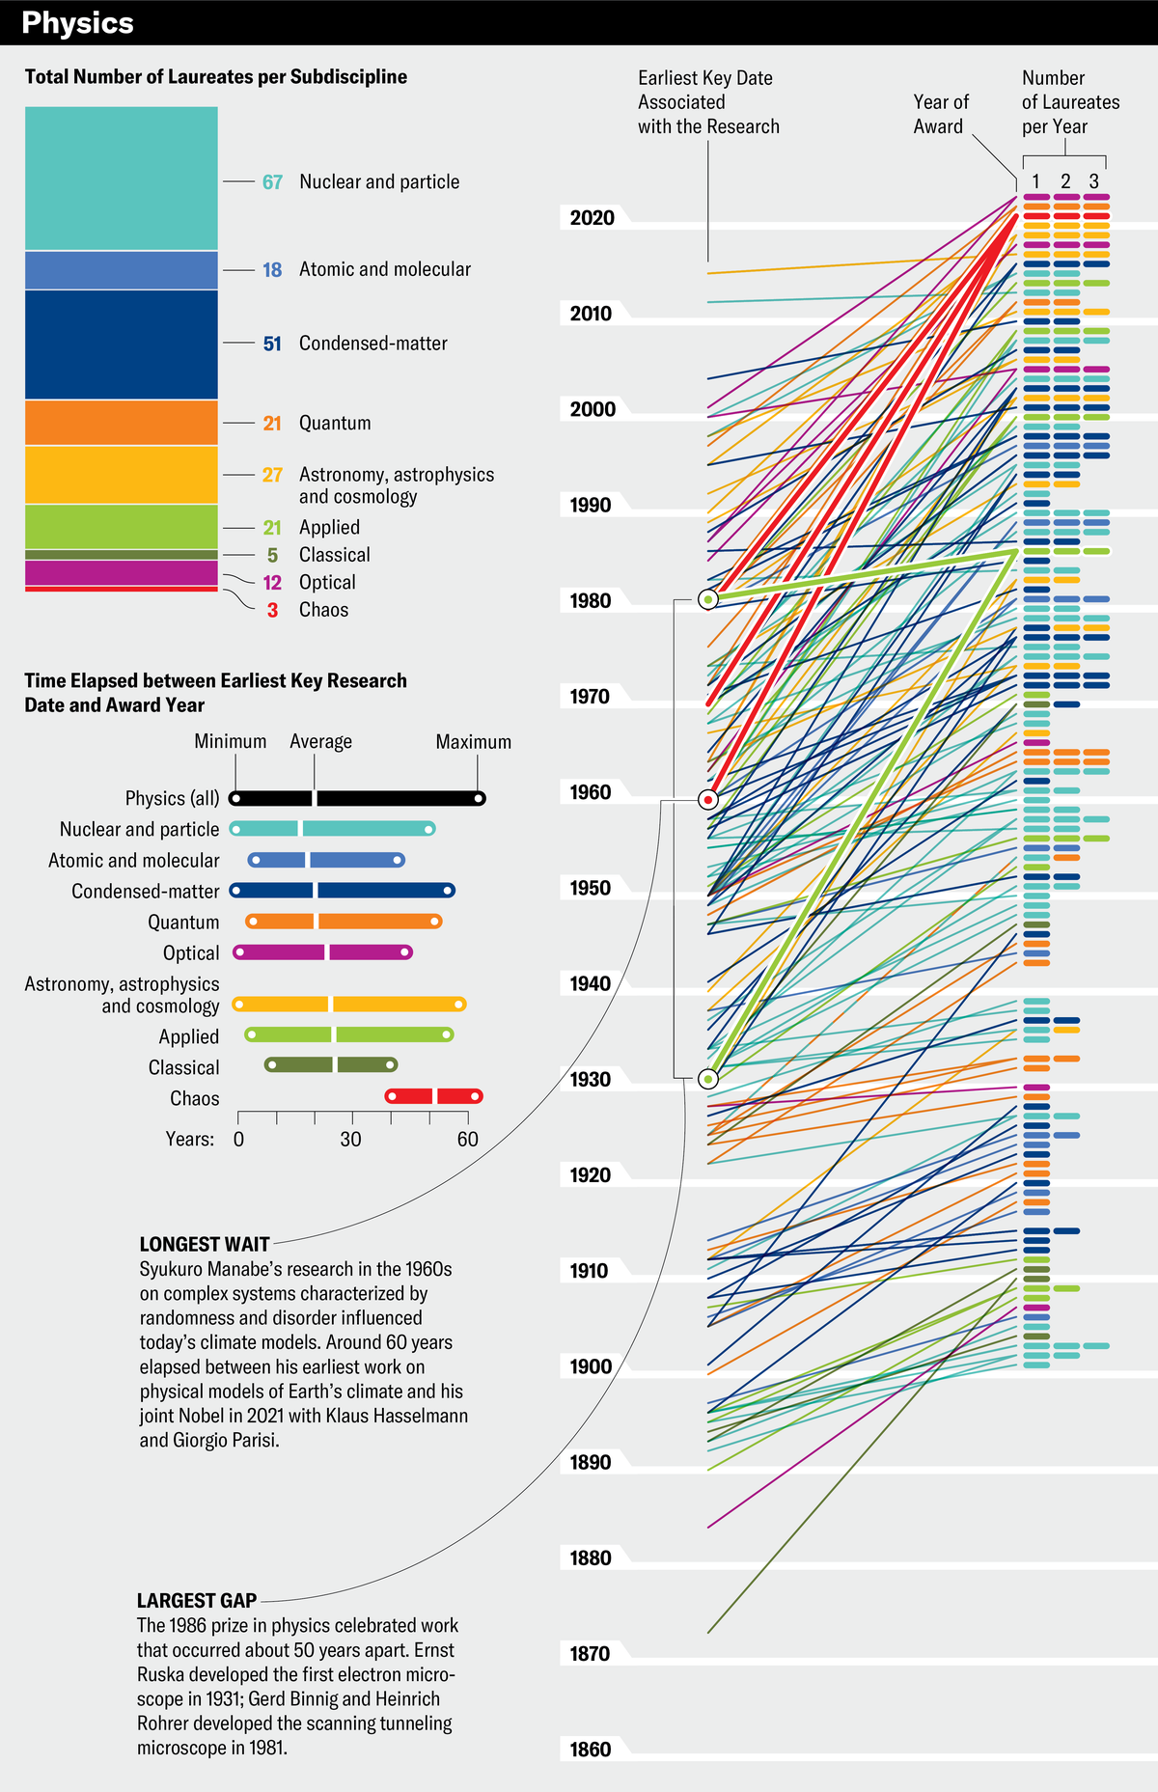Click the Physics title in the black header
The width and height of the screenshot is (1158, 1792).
click(x=77, y=23)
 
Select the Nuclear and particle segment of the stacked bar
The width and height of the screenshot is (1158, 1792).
click(x=121, y=179)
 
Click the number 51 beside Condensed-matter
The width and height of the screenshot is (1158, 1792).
click(x=272, y=344)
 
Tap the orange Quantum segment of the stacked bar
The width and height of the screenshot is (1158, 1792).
click(x=121, y=423)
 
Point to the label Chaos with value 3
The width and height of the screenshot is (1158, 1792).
click(x=322, y=610)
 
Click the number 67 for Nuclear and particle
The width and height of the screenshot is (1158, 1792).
click(x=272, y=182)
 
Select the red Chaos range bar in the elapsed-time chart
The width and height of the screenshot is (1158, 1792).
click(x=433, y=1096)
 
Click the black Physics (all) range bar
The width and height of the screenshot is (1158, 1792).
click(x=357, y=798)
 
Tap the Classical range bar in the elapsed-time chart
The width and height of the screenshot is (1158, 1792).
click(x=330, y=1065)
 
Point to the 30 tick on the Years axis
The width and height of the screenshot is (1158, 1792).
click(x=350, y=1140)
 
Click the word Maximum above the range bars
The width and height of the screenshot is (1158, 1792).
click(x=473, y=742)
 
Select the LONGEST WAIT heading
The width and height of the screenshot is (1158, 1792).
click(x=204, y=1245)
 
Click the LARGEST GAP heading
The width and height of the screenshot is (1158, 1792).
click(x=197, y=1601)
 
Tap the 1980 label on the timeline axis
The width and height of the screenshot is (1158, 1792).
click(x=591, y=601)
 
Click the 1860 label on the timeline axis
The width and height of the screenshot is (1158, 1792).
click(x=591, y=1750)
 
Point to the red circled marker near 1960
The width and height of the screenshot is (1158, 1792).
click(x=708, y=800)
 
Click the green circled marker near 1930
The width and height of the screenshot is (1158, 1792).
click(x=708, y=1079)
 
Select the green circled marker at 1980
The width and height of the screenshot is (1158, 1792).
click(x=708, y=600)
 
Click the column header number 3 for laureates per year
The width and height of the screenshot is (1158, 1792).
click(x=1093, y=181)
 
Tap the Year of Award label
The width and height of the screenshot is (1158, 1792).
click(x=940, y=114)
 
